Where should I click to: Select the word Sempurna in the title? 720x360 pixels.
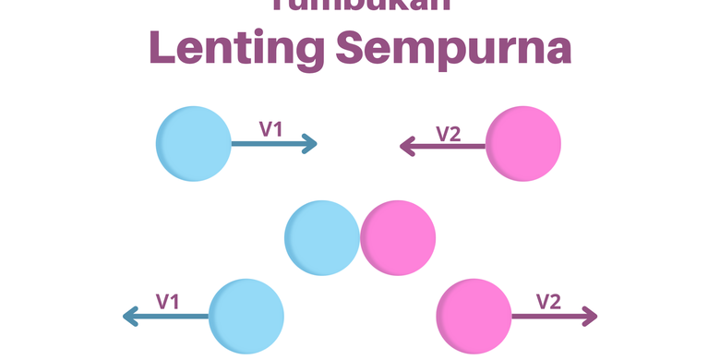[x=453, y=48]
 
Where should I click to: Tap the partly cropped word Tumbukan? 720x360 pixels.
[x=360, y=6]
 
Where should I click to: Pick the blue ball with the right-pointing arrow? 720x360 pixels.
[x=194, y=143]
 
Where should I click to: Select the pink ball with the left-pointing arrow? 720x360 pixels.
[x=523, y=143]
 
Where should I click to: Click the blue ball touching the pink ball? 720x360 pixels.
[x=321, y=238]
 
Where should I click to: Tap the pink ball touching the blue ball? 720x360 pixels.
[x=398, y=238]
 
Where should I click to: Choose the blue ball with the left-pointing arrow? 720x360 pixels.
[x=246, y=317]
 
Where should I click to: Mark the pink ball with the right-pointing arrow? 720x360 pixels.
[x=474, y=317]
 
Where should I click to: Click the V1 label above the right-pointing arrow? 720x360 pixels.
[x=270, y=129]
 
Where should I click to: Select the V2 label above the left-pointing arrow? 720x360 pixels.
[x=448, y=133]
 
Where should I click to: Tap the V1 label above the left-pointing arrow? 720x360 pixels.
[x=167, y=301]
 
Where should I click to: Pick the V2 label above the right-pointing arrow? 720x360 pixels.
[x=548, y=301]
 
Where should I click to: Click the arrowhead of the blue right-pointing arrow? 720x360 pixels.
[x=310, y=144]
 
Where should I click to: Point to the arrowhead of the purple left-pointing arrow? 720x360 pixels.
[x=407, y=145]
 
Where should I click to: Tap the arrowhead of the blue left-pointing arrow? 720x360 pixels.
[x=130, y=318]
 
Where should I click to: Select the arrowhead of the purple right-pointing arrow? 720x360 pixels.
[x=590, y=318]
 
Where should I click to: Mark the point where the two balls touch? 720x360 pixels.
[x=360, y=238]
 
